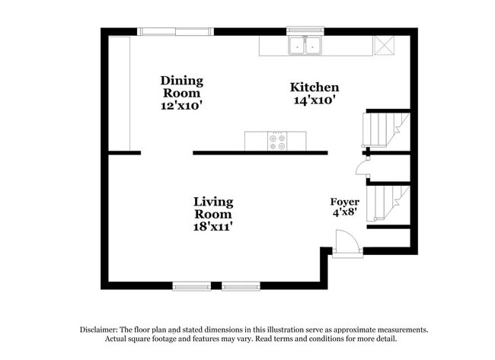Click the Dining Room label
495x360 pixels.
(x=181, y=86)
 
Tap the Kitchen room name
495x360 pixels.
(x=314, y=88)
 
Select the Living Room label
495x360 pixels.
(x=213, y=208)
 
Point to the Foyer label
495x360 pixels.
(x=344, y=202)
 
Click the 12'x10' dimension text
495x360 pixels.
(x=181, y=106)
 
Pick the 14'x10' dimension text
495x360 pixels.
(x=314, y=100)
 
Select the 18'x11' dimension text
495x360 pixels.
(x=213, y=226)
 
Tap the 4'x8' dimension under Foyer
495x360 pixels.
(x=344, y=213)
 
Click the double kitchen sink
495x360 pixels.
(x=306, y=46)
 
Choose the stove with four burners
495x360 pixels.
(x=277, y=141)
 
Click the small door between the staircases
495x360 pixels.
(x=362, y=169)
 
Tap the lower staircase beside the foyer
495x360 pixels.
(x=385, y=202)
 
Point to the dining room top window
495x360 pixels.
(x=176, y=32)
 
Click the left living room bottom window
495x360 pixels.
(x=192, y=286)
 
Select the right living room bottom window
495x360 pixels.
(x=241, y=286)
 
